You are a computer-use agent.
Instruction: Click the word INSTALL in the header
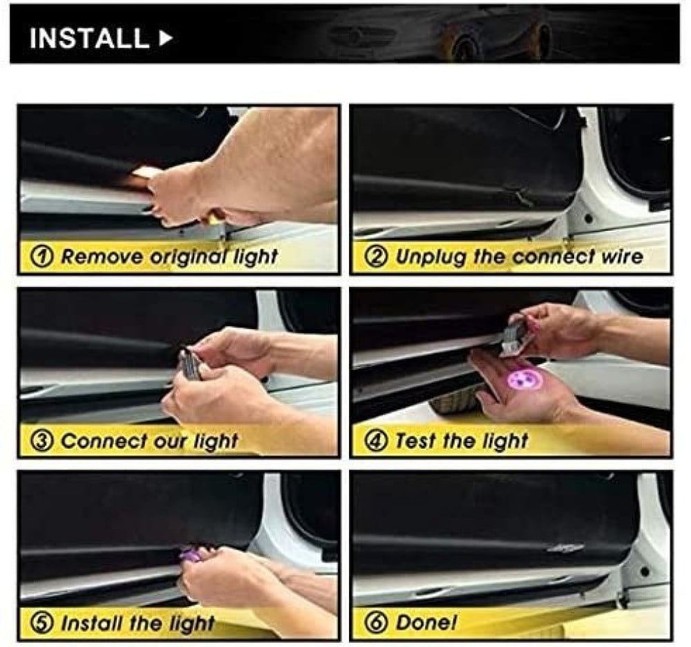click(x=89, y=38)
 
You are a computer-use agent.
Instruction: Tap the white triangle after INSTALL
click(x=165, y=38)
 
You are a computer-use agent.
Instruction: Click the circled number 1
click(x=44, y=256)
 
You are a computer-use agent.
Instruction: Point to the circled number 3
click(x=43, y=440)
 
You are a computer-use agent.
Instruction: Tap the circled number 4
click(x=378, y=440)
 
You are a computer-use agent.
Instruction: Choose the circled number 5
click(x=43, y=623)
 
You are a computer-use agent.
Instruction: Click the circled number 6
click(x=378, y=623)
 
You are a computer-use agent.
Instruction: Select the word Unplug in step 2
click(x=430, y=257)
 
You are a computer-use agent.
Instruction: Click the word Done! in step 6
click(x=426, y=623)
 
